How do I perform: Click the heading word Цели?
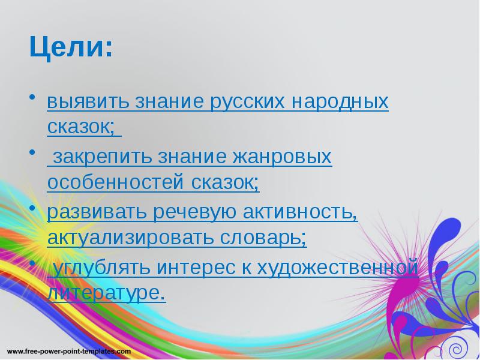pyautogui.click(x=70, y=49)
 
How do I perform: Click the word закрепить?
pyautogui.click(x=101, y=157)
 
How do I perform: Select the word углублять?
pyautogui.click(x=102, y=268)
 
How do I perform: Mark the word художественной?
pyautogui.click(x=337, y=268)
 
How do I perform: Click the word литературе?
pyautogui.click(x=105, y=293)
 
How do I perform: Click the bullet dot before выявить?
pyautogui.click(x=32, y=97)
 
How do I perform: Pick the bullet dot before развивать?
pyautogui.click(x=32, y=207)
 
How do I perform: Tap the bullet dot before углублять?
pyautogui.click(x=32, y=263)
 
